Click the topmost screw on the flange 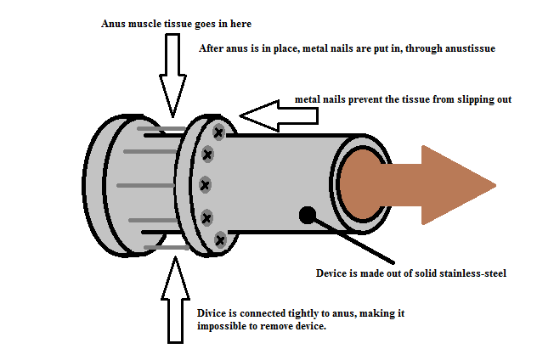click(218, 132)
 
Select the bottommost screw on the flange click(220, 240)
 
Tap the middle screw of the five click(205, 184)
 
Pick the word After click(212, 48)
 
